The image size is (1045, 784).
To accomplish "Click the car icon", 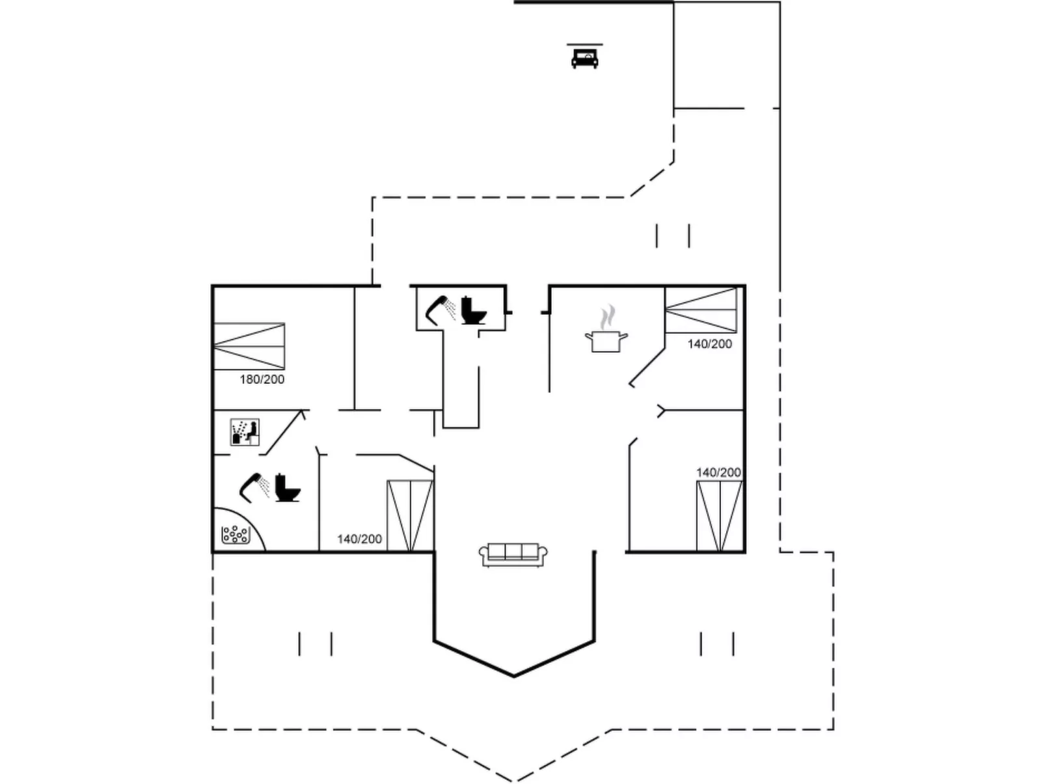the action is [x=584, y=59].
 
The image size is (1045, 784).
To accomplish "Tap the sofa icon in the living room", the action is [x=513, y=554].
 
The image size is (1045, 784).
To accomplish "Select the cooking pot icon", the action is [x=606, y=342].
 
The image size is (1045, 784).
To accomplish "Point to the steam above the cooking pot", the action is [x=607, y=318].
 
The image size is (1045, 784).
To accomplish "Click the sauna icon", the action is [x=245, y=432].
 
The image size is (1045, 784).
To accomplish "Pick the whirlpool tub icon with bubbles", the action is [x=235, y=535].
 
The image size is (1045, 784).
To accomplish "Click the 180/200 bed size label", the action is [x=262, y=379].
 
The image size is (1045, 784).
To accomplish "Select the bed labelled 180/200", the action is [x=249, y=346].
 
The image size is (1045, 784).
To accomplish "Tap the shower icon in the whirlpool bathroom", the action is [x=254, y=487].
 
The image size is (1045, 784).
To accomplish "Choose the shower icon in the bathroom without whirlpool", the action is [x=441, y=310].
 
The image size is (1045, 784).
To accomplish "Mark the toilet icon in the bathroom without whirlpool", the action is [x=474, y=310].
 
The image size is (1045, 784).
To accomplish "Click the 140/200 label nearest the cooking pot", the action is [x=709, y=344].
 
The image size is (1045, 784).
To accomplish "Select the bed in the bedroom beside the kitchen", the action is [x=701, y=310].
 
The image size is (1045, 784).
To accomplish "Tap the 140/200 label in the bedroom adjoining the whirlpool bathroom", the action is [x=359, y=539].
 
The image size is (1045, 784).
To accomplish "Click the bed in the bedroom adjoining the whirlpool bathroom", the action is [x=410, y=516].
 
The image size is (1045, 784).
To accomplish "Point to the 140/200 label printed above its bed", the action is [x=718, y=472].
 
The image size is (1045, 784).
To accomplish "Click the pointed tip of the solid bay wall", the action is [x=513, y=676].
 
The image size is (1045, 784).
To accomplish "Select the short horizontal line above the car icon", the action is [x=584, y=44].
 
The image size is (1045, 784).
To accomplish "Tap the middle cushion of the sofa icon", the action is [x=513, y=551].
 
